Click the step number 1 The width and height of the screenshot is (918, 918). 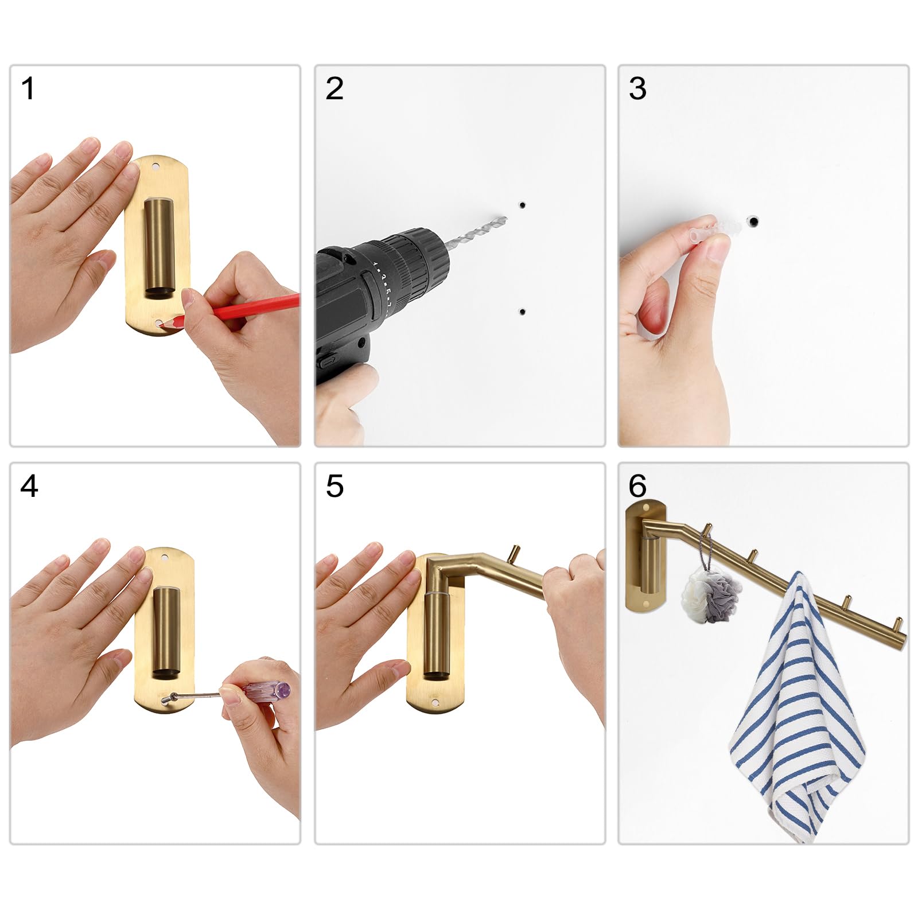tap(27, 88)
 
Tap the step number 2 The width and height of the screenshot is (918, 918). tap(334, 88)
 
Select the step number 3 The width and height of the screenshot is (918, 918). tap(637, 88)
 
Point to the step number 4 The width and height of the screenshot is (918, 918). tap(29, 487)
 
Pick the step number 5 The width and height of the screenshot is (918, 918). tap(334, 487)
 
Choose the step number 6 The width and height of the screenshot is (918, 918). tap(637, 487)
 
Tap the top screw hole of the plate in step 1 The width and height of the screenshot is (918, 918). tap(155, 166)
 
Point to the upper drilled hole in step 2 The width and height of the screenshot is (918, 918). tap(522, 205)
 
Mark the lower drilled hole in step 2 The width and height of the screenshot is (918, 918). tap(522, 312)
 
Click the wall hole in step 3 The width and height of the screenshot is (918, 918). tap(753, 221)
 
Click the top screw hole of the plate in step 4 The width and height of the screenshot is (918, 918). tap(167, 557)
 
